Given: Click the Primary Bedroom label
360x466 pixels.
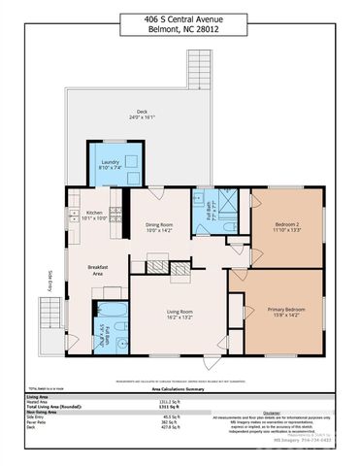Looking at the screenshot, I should coord(281,312).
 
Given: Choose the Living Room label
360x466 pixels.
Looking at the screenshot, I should coord(179,314).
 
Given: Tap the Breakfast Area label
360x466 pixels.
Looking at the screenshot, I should coord(98,270).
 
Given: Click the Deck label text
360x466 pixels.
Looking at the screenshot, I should coord(142,113).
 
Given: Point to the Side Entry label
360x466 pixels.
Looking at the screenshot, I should coord(49,280).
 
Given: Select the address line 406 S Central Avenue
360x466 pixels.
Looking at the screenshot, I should coord(180,17).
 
